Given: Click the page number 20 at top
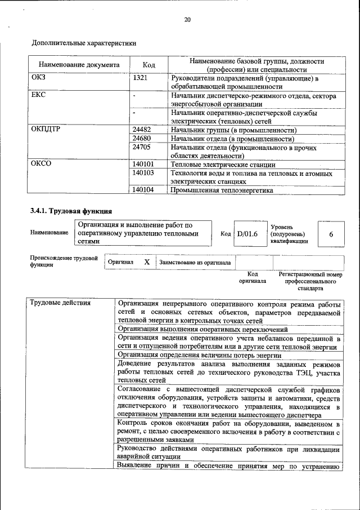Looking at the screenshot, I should tap(187, 20).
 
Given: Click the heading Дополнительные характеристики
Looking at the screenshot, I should tap(84, 42).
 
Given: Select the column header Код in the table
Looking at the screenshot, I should tap(148, 65).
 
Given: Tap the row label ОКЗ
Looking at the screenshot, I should tap(38, 78).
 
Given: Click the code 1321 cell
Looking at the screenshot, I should tap(140, 78).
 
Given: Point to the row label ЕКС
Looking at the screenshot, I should tap(38, 95).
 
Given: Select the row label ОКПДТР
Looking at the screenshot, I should tap(45, 130).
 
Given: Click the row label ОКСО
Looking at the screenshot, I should tap(40, 164).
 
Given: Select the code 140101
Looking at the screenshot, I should tap(143, 164).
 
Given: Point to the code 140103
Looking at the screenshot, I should tap(143, 173).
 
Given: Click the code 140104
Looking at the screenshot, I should tap(143, 190).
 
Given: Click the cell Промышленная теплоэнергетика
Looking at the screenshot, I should tap(222, 190).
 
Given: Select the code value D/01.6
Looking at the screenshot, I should tap(247, 233).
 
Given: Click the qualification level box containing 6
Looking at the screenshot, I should tap(331, 233).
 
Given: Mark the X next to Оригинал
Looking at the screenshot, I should tap(146, 262).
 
